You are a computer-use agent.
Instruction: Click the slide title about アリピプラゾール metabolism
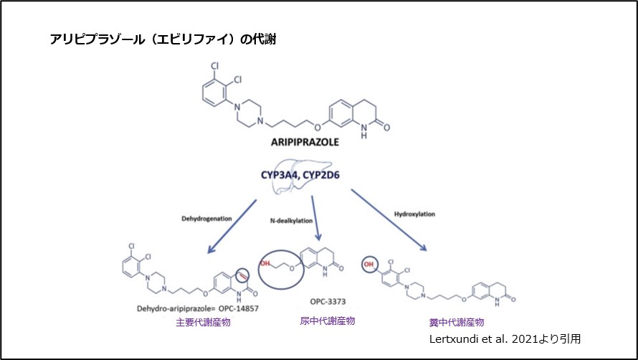pyautogui.click(x=161, y=40)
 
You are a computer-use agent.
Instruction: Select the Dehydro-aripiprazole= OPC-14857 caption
pyautogui.click(x=196, y=308)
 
